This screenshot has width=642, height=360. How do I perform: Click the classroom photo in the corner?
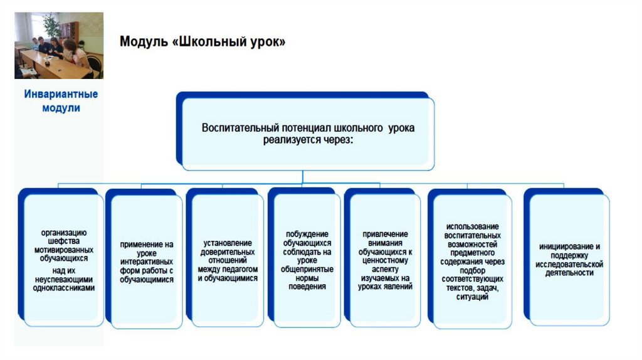tap(59, 46)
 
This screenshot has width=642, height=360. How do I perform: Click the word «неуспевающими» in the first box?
tap(64, 280)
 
